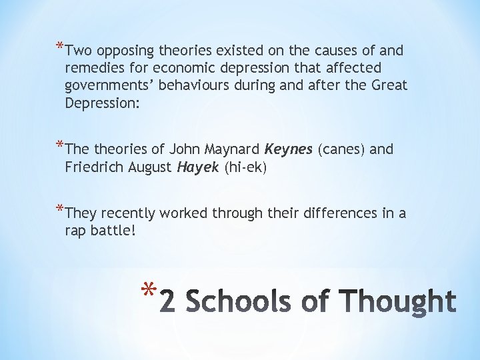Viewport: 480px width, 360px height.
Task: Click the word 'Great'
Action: pos(389,85)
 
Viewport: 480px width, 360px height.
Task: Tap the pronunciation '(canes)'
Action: pos(342,149)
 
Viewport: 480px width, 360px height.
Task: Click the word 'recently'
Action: pos(130,213)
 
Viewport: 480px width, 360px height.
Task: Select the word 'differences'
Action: pos(337,213)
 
